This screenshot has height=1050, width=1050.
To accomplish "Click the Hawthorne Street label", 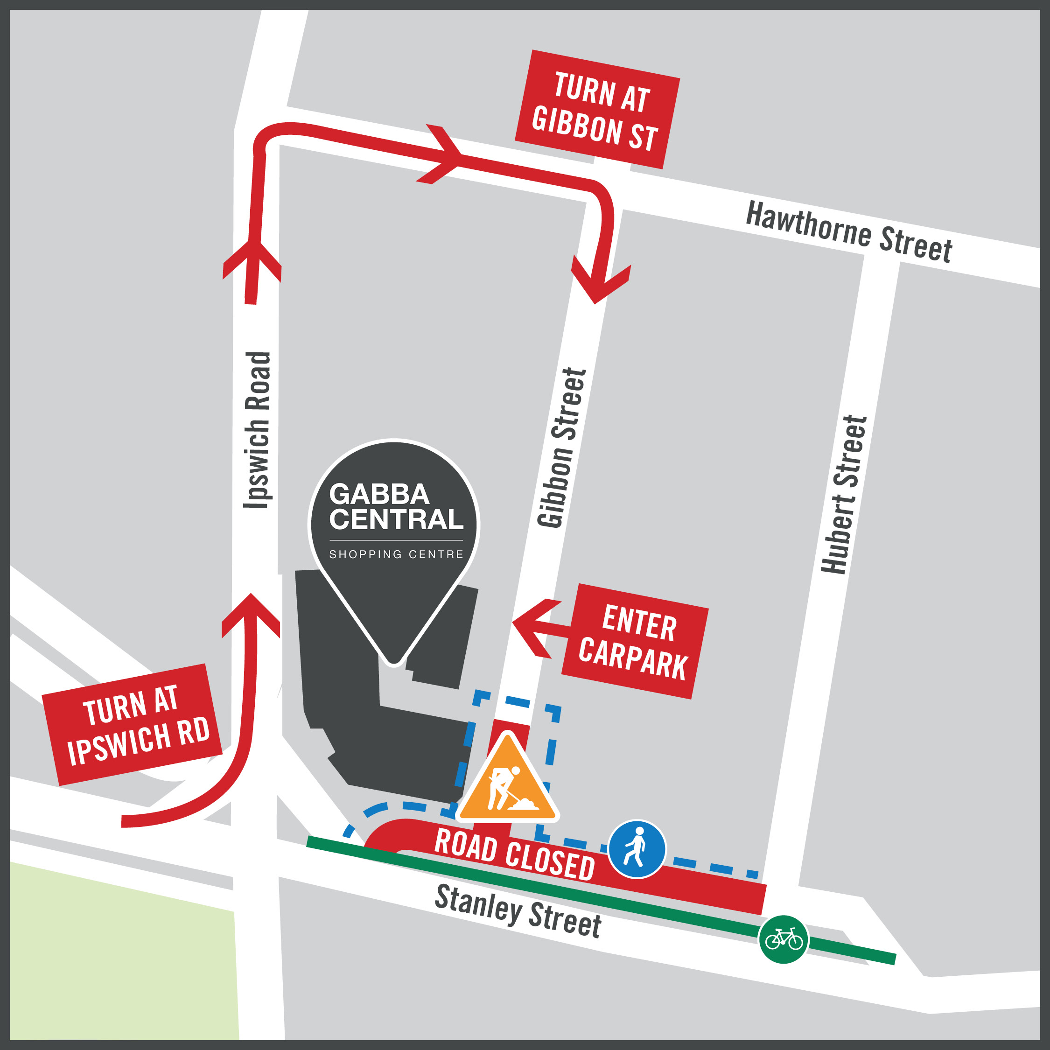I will pos(848,232).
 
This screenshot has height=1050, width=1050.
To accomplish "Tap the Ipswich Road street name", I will pos(257,430).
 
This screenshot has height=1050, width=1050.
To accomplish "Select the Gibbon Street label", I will pos(562,447).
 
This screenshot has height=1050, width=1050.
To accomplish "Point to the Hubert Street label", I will pos(843,495).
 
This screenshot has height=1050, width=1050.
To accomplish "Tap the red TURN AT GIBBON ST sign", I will pos(597,109).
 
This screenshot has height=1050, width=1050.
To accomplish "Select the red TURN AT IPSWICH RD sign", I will pos(132,724).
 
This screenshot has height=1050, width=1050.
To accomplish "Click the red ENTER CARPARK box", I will pos(634,641).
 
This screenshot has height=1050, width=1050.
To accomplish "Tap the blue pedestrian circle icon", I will pos(637,849).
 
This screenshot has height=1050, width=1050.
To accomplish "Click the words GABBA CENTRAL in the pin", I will pos(395,506).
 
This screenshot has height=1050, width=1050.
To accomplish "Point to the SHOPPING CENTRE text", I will pos(396,554).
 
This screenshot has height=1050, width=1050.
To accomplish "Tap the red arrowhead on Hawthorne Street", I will pos(443,155).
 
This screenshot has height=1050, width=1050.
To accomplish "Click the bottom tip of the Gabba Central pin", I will pos(394,661).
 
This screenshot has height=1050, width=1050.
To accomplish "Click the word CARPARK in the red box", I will pos(633,658).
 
